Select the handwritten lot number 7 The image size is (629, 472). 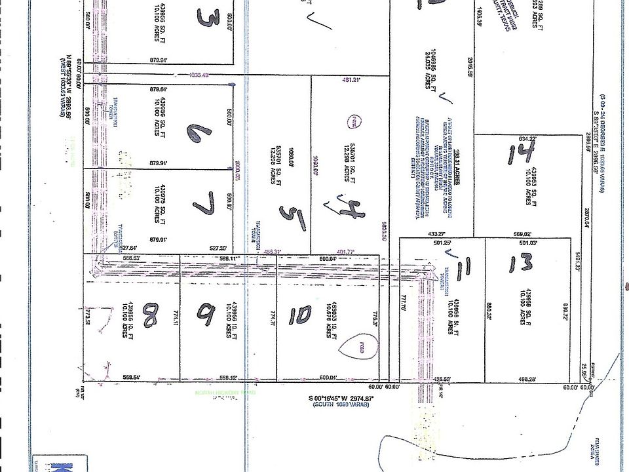204,209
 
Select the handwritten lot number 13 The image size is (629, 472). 520,265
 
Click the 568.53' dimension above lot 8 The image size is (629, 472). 133,258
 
